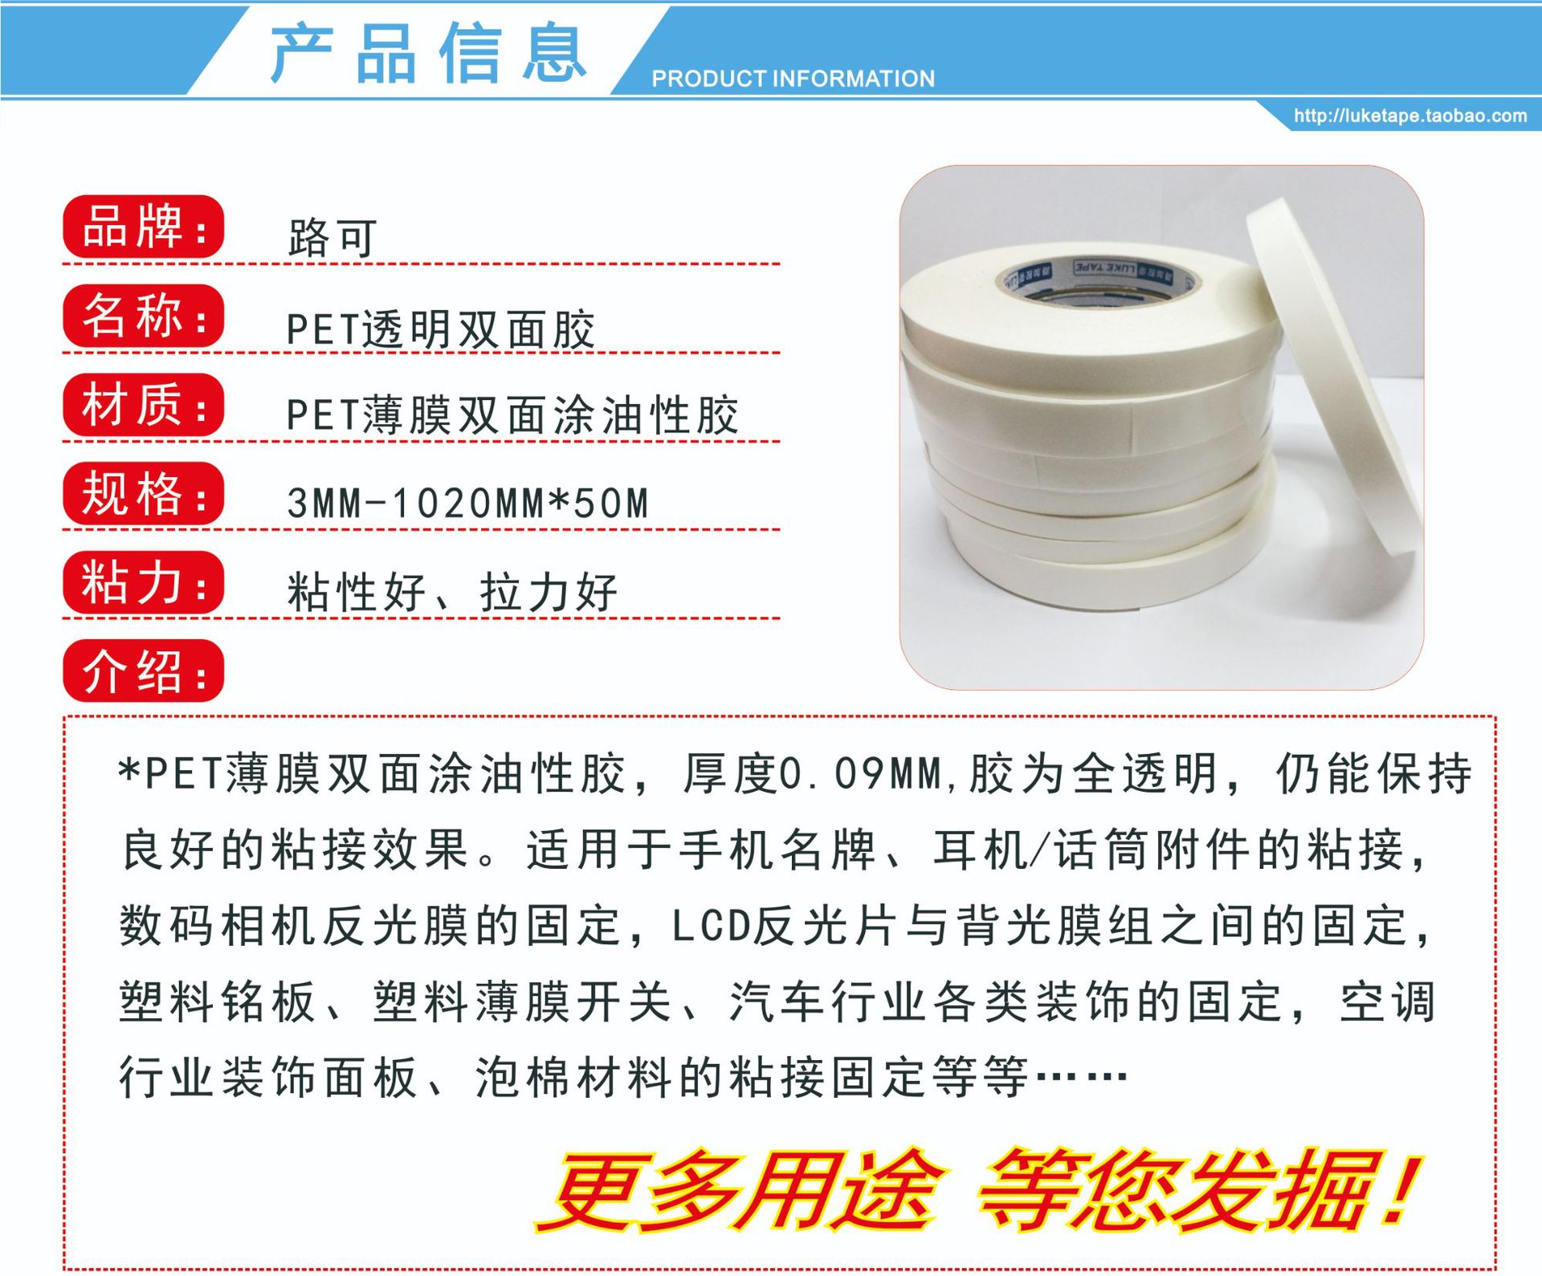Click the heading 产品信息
(427, 54)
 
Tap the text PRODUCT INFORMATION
(793, 79)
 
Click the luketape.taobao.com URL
(1409, 116)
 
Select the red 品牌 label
(143, 227)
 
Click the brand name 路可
(332, 238)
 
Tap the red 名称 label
(143, 316)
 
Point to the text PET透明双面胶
(440, 329)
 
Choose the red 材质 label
(143, 405)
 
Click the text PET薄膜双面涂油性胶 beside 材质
(512, 415)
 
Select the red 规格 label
(143, 493)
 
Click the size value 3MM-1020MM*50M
(467, 504)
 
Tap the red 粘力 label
(143, 582)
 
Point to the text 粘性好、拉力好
(451, 593)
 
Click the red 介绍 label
(143, 671)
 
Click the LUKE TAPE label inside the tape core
(1104, 267)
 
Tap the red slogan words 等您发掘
(1181, 1191)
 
